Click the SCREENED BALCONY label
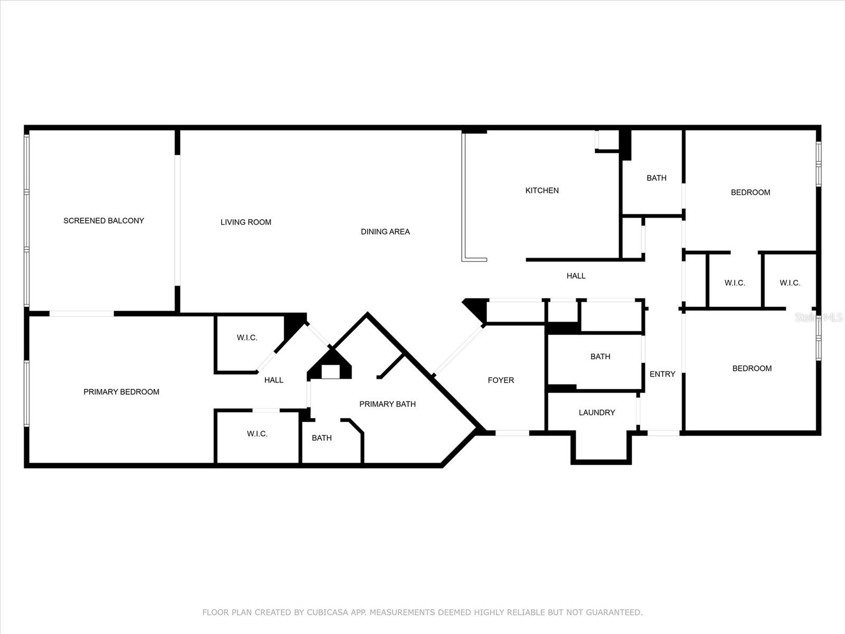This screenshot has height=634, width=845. (x=104, y=220)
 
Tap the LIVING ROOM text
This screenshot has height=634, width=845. (x=246, y=222)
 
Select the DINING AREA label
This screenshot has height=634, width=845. (x=385, y=232)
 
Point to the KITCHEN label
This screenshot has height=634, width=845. (x=542, y=190)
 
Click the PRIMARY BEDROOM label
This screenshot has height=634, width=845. (x=121, y=392)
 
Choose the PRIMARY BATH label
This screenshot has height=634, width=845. (x=387, y=404)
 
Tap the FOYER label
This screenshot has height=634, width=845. (x=501, y=380)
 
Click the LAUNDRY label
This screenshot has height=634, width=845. (x=597, y=413)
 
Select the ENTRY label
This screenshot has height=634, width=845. (x=662, y=374)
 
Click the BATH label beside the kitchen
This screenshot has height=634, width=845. (x=656, y=178)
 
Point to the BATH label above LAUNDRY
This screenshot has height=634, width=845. (x=600, y=357)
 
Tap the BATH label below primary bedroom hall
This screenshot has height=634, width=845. (x=322, y=438)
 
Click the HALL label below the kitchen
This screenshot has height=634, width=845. (x=576, y=276)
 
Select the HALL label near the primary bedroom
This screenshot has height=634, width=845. (x=274, y=380)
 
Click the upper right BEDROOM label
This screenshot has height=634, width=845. (x=750, y=192)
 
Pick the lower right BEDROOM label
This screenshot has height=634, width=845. (x=752, y=368)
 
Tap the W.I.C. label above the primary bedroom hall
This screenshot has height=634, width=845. (x=247, y=338)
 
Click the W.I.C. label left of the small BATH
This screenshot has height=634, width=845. (x=257, y=434)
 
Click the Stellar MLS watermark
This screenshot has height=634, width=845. (x=819, y=317)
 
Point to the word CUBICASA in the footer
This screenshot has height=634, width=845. (x=327, y=612)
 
